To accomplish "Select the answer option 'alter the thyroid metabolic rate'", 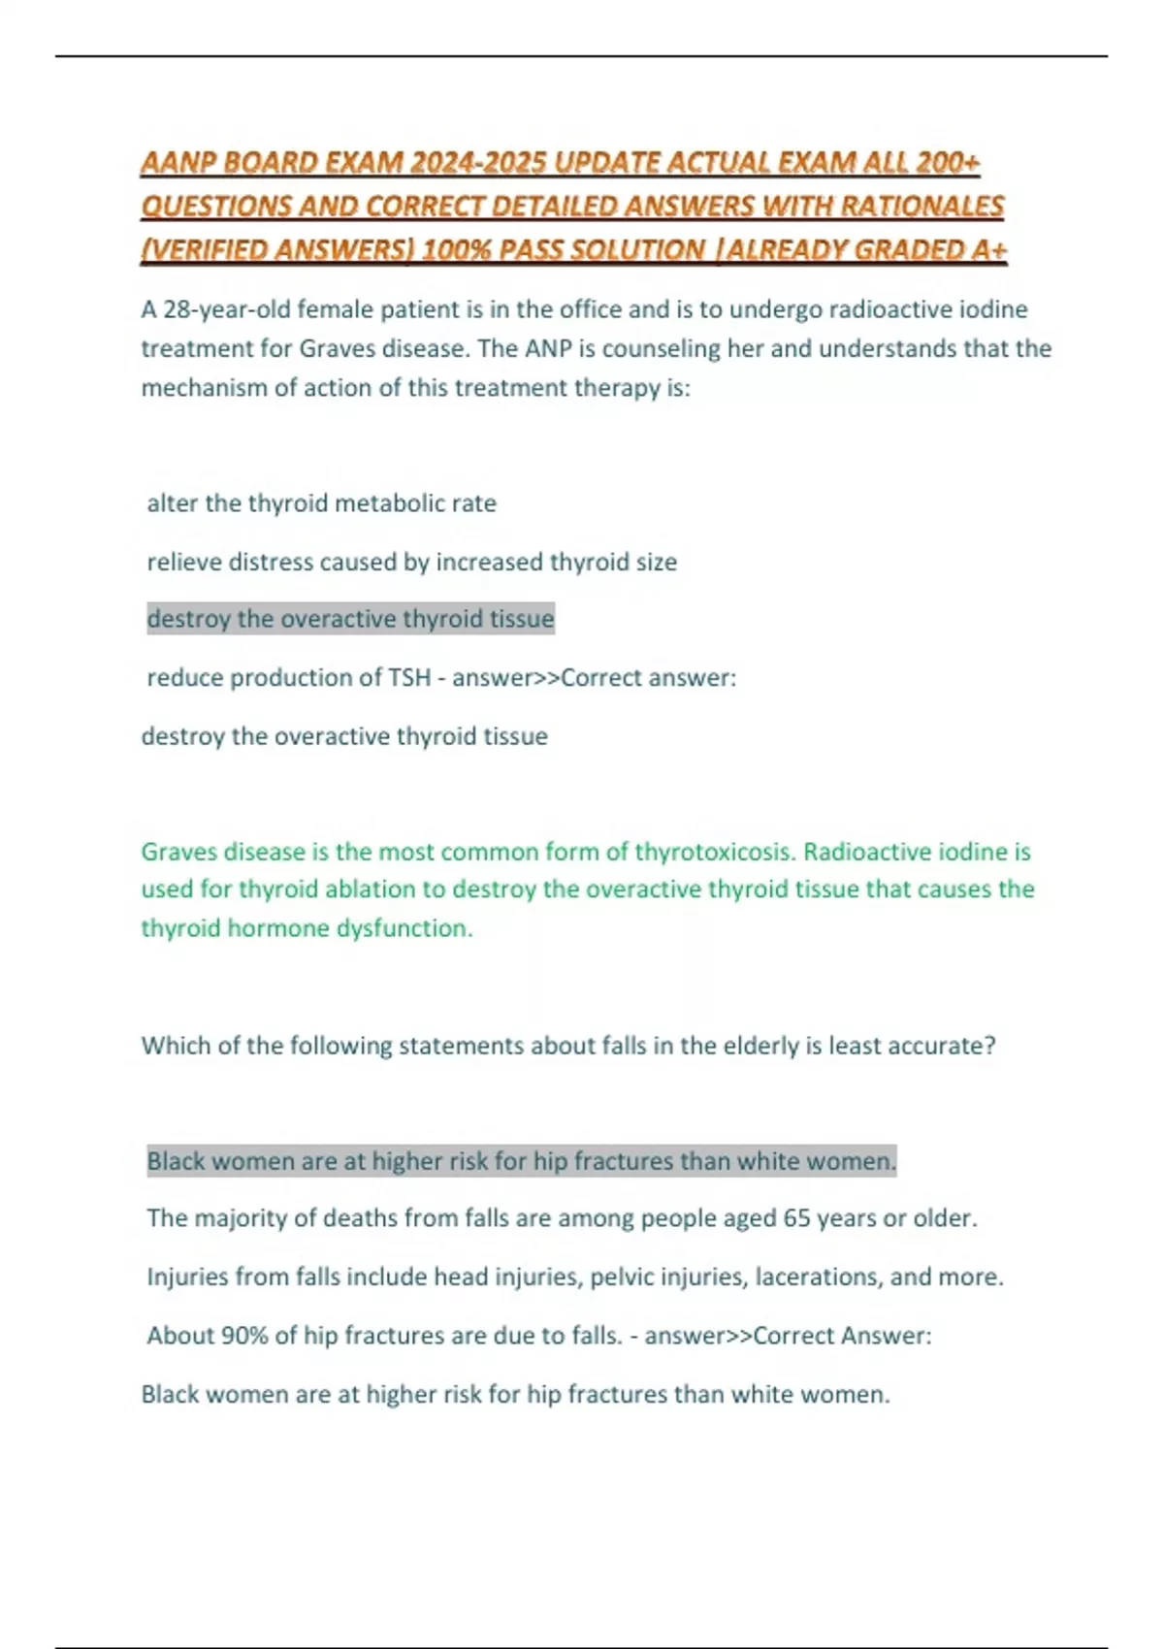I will [321, 503].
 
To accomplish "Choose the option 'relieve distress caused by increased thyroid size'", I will [411, 562].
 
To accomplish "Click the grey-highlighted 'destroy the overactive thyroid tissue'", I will [350, 619].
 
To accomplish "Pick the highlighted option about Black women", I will [521, 1161].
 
